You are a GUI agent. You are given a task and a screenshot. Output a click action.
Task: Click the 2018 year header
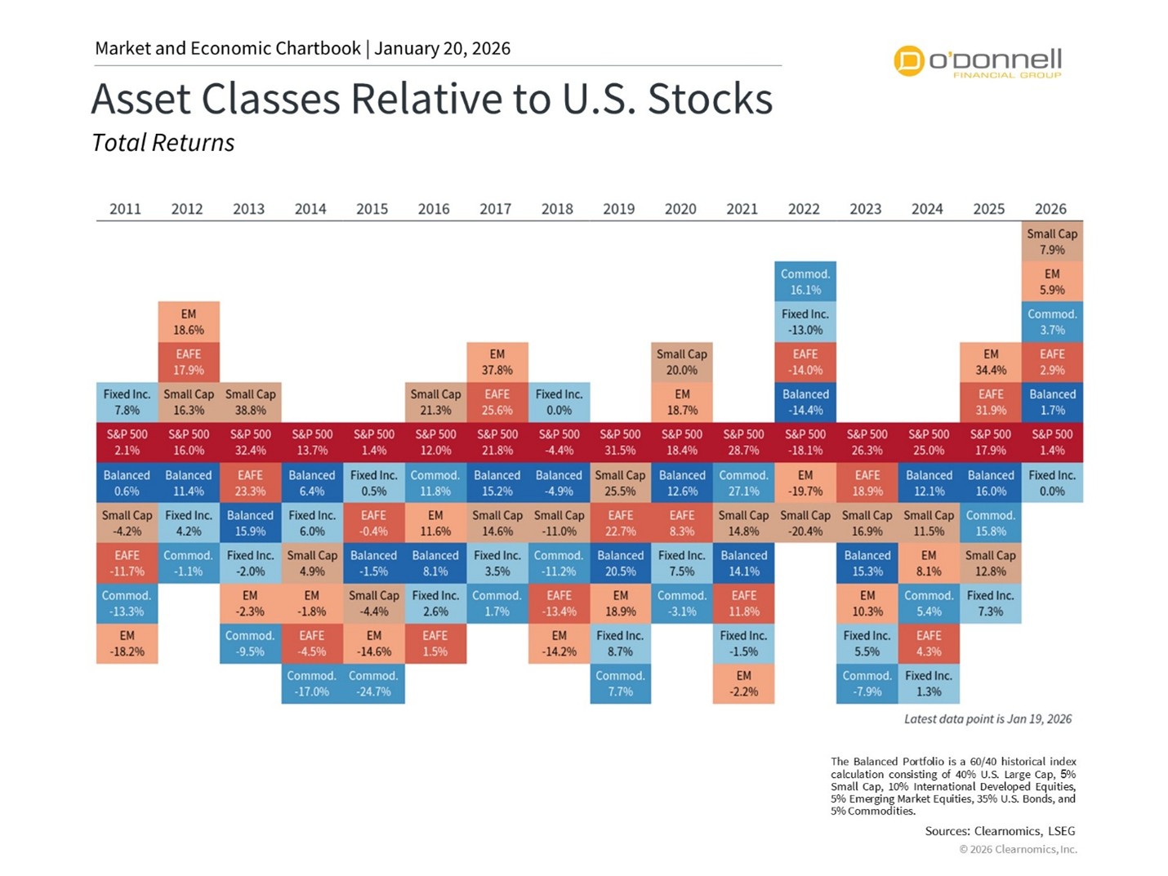(x=557, y=209)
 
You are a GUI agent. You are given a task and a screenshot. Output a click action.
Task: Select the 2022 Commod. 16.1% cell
(x=805, y=282)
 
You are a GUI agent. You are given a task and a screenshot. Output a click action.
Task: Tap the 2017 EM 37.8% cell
(x=497, y=362)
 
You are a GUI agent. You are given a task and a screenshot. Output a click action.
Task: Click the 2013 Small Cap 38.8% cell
(x=250, y=402)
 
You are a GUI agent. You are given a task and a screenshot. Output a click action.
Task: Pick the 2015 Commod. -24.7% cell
(x=373, y=683)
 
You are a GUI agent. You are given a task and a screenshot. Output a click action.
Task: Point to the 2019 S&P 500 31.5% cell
(x=620, y=442)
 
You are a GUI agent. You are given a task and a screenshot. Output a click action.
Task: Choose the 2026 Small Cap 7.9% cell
(x=1052, y=242)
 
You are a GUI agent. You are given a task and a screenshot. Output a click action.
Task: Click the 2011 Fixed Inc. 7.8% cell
(x=127, y=402)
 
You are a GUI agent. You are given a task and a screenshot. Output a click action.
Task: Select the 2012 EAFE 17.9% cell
(x=189, y=362)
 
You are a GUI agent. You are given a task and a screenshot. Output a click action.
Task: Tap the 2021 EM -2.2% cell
(x=743, y=683)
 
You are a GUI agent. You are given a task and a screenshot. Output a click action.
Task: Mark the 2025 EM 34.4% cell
(x=990, y=362)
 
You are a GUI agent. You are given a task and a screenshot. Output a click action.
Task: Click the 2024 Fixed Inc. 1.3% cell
(x=929, y=683)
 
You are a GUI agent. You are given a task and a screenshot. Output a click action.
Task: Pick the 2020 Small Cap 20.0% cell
(x=682, y=362)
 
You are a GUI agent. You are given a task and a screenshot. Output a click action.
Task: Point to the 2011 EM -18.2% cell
(x=127, y=643)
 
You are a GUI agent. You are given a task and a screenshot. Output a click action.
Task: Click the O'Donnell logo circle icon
(x=908, y=60)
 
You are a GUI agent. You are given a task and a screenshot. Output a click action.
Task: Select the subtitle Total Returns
(x=163, y=143)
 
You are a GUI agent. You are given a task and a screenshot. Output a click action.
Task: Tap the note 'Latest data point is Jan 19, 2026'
(x=987, y=719)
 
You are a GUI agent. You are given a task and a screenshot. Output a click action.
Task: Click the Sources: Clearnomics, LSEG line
(x=1000, y=831)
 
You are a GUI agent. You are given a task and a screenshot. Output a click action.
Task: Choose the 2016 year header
(x=434, y=209)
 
